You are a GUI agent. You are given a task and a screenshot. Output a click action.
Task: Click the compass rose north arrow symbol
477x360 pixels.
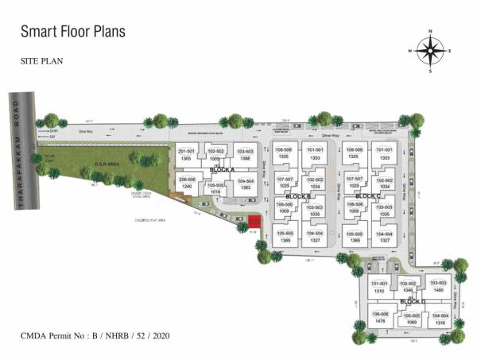point(429,50)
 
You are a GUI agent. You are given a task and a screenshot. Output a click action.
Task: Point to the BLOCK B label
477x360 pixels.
point(298,196)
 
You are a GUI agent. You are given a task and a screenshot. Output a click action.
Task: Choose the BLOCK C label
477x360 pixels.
point(368,196)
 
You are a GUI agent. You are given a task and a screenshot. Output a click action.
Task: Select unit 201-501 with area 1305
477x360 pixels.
point(186,155)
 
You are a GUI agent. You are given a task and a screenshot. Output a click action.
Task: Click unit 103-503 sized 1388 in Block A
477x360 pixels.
point(244,155)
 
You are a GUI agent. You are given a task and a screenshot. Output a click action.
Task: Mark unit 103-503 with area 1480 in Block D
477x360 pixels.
point(434,286)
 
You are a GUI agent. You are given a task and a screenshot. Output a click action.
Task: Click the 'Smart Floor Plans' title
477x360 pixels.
point(72,32)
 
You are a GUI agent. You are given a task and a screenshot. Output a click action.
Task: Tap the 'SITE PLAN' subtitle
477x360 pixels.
point(42,60)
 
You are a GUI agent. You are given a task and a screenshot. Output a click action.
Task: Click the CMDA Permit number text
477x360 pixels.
point(95,337)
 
